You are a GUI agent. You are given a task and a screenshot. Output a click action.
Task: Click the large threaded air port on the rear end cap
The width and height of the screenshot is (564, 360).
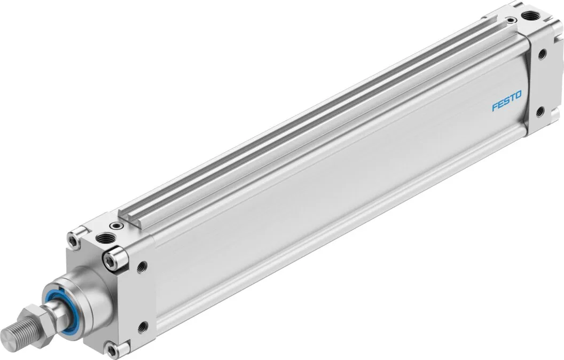pyautogui.click(x=530, y=15)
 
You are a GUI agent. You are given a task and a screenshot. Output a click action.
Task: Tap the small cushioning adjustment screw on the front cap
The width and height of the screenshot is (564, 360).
pyautogui.click(x=116, y=226)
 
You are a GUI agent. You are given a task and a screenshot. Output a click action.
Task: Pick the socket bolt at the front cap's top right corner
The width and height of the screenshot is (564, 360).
pyautogui.click(x=114, y=258)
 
